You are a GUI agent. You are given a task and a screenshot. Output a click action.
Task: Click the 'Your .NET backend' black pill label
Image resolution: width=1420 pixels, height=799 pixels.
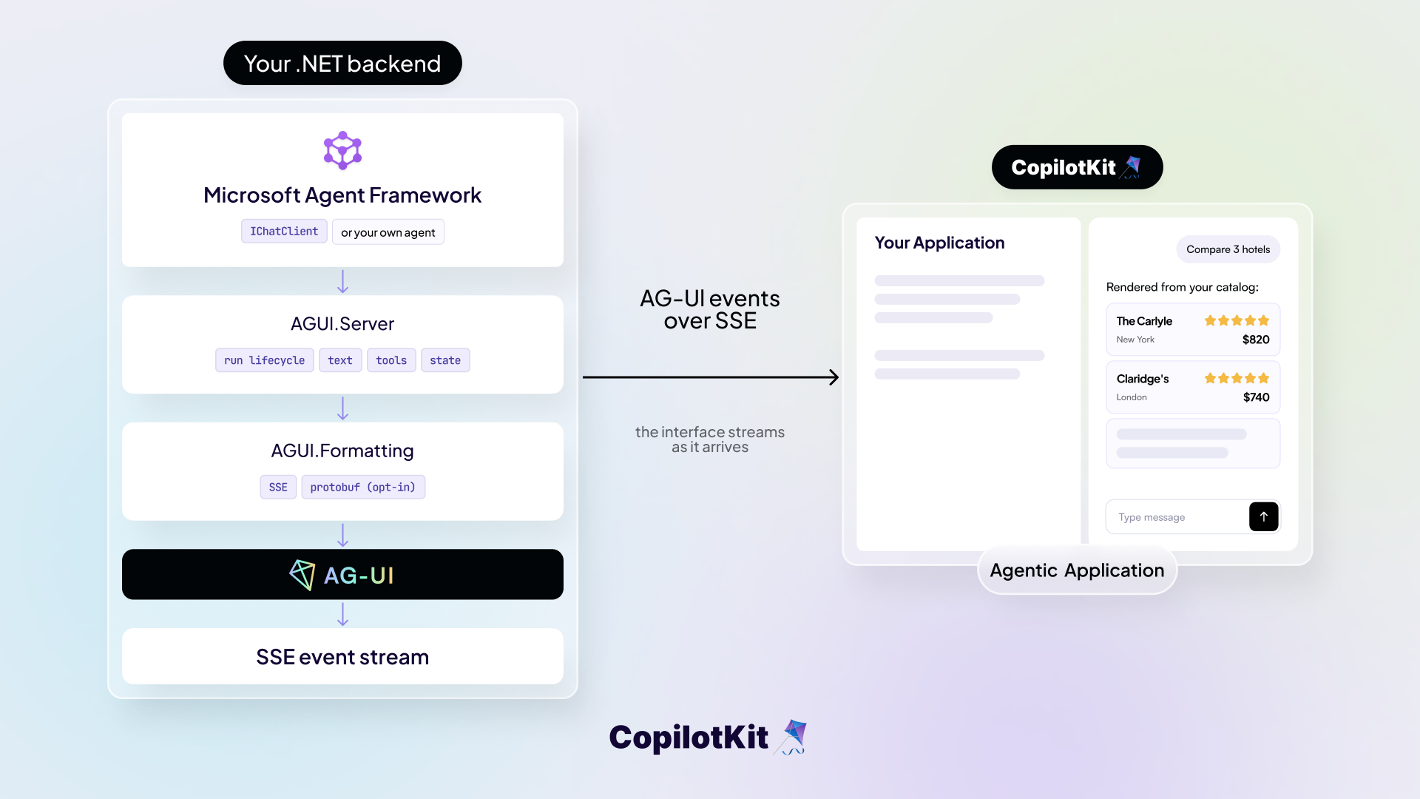[342, 63]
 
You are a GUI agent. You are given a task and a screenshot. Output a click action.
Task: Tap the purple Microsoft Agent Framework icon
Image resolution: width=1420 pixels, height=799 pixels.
[342, 150]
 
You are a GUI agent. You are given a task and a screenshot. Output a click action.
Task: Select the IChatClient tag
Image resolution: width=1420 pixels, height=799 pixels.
[284, 232]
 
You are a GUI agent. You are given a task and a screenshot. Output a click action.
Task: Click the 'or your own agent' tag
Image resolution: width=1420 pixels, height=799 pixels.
[388, 232]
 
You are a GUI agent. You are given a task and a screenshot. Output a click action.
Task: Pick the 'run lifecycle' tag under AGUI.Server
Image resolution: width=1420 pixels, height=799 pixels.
[265, 360]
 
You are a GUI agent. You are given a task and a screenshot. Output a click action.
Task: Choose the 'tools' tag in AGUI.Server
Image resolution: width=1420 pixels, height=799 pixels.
[391, 360]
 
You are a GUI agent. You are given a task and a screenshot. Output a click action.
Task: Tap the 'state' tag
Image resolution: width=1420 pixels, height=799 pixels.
[445, 360]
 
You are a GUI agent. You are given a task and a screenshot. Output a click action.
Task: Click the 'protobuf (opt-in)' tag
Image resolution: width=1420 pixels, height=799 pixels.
[363, 487]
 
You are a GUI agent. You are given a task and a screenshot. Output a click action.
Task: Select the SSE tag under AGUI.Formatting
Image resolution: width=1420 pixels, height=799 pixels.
[278, 487]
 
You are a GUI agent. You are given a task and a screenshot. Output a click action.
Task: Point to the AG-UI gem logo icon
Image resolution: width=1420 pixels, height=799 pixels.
[302, 575]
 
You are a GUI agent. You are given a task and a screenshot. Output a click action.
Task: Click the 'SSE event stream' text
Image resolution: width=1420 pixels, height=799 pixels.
[342, 657]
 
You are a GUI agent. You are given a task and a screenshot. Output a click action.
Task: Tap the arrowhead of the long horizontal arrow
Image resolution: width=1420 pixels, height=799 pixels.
[835, 377]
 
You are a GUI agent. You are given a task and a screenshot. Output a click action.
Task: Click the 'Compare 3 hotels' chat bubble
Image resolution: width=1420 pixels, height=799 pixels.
[1228, 249]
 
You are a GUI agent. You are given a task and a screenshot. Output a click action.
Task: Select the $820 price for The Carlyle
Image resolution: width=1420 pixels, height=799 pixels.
[1256, 340]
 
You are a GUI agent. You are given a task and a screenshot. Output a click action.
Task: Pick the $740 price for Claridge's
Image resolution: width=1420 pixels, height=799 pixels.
[1257, 397]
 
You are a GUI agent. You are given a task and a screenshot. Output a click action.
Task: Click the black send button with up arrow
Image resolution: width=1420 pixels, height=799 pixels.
[1264, 516]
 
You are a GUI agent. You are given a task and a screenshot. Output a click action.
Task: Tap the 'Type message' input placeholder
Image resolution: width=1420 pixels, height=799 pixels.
[1152, 517]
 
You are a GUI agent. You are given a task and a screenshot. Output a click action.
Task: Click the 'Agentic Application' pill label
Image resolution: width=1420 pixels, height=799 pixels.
[1078, 570]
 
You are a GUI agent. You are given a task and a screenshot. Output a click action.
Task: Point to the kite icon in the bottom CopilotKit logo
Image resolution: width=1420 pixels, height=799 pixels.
[791, 737]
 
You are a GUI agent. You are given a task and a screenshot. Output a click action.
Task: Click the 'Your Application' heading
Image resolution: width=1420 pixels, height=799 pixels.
[939, 243]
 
